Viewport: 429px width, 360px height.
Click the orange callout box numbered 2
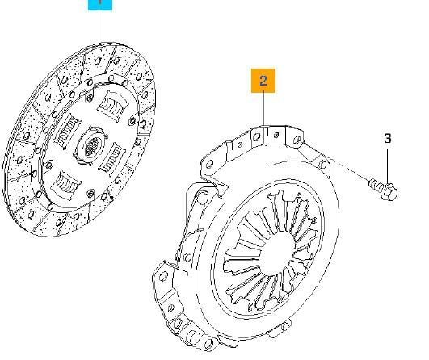pyautogui.click(x=263, y=81)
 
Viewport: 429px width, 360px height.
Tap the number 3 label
pyautogui.click(x=388, y=139)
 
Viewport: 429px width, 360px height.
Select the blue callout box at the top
pyautogui.click(x=100, y=5)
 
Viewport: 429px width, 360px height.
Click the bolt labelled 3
pyautogui.click(x=384, y=189)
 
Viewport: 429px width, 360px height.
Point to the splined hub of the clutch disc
pyautogui.click(x=91, y=146)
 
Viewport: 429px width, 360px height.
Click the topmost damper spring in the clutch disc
pyautogui.click(x=113, y=105)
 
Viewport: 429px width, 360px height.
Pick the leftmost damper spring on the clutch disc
pyautogui.click(x=67, y=132)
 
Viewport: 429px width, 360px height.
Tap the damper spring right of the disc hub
pyautogui.click(x=112, y=158)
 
